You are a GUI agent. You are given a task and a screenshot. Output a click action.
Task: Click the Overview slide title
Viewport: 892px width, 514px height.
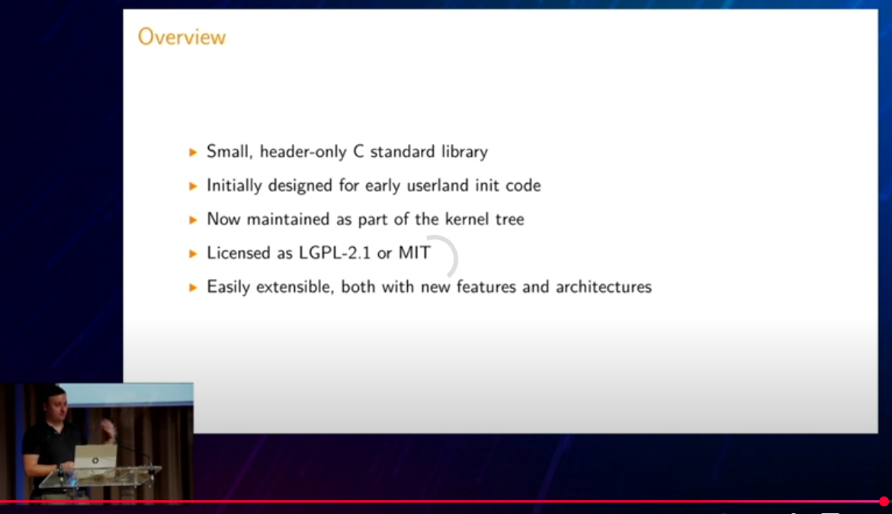pyautogui.click(x=181, y=37)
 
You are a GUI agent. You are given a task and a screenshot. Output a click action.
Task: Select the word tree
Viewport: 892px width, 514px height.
pyautogui.click(x=510, y=220)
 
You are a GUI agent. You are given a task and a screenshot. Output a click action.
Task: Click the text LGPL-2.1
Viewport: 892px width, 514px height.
pyautogui.click(x=335, y=252)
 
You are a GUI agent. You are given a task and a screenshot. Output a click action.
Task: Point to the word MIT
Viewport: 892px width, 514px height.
pyautogui.click(x=414, y=252)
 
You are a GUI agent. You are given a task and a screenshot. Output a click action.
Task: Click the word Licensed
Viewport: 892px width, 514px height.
pyautogui.click(x=239, y=252)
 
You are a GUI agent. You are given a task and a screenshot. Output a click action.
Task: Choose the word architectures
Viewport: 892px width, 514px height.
pyautogui.click(x=604, y=287)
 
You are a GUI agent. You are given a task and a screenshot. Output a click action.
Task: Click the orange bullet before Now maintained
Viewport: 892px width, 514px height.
pyautogui.click(x=193, y=220)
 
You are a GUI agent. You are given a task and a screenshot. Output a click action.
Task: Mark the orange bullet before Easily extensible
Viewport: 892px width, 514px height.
pyautogui.click(x=193, y=288)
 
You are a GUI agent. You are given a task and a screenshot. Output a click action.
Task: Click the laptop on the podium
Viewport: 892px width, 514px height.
pyautogui.click(x=95, y=457)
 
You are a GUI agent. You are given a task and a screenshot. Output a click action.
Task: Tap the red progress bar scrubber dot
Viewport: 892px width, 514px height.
pyautogui.click(x=884, y=502)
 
